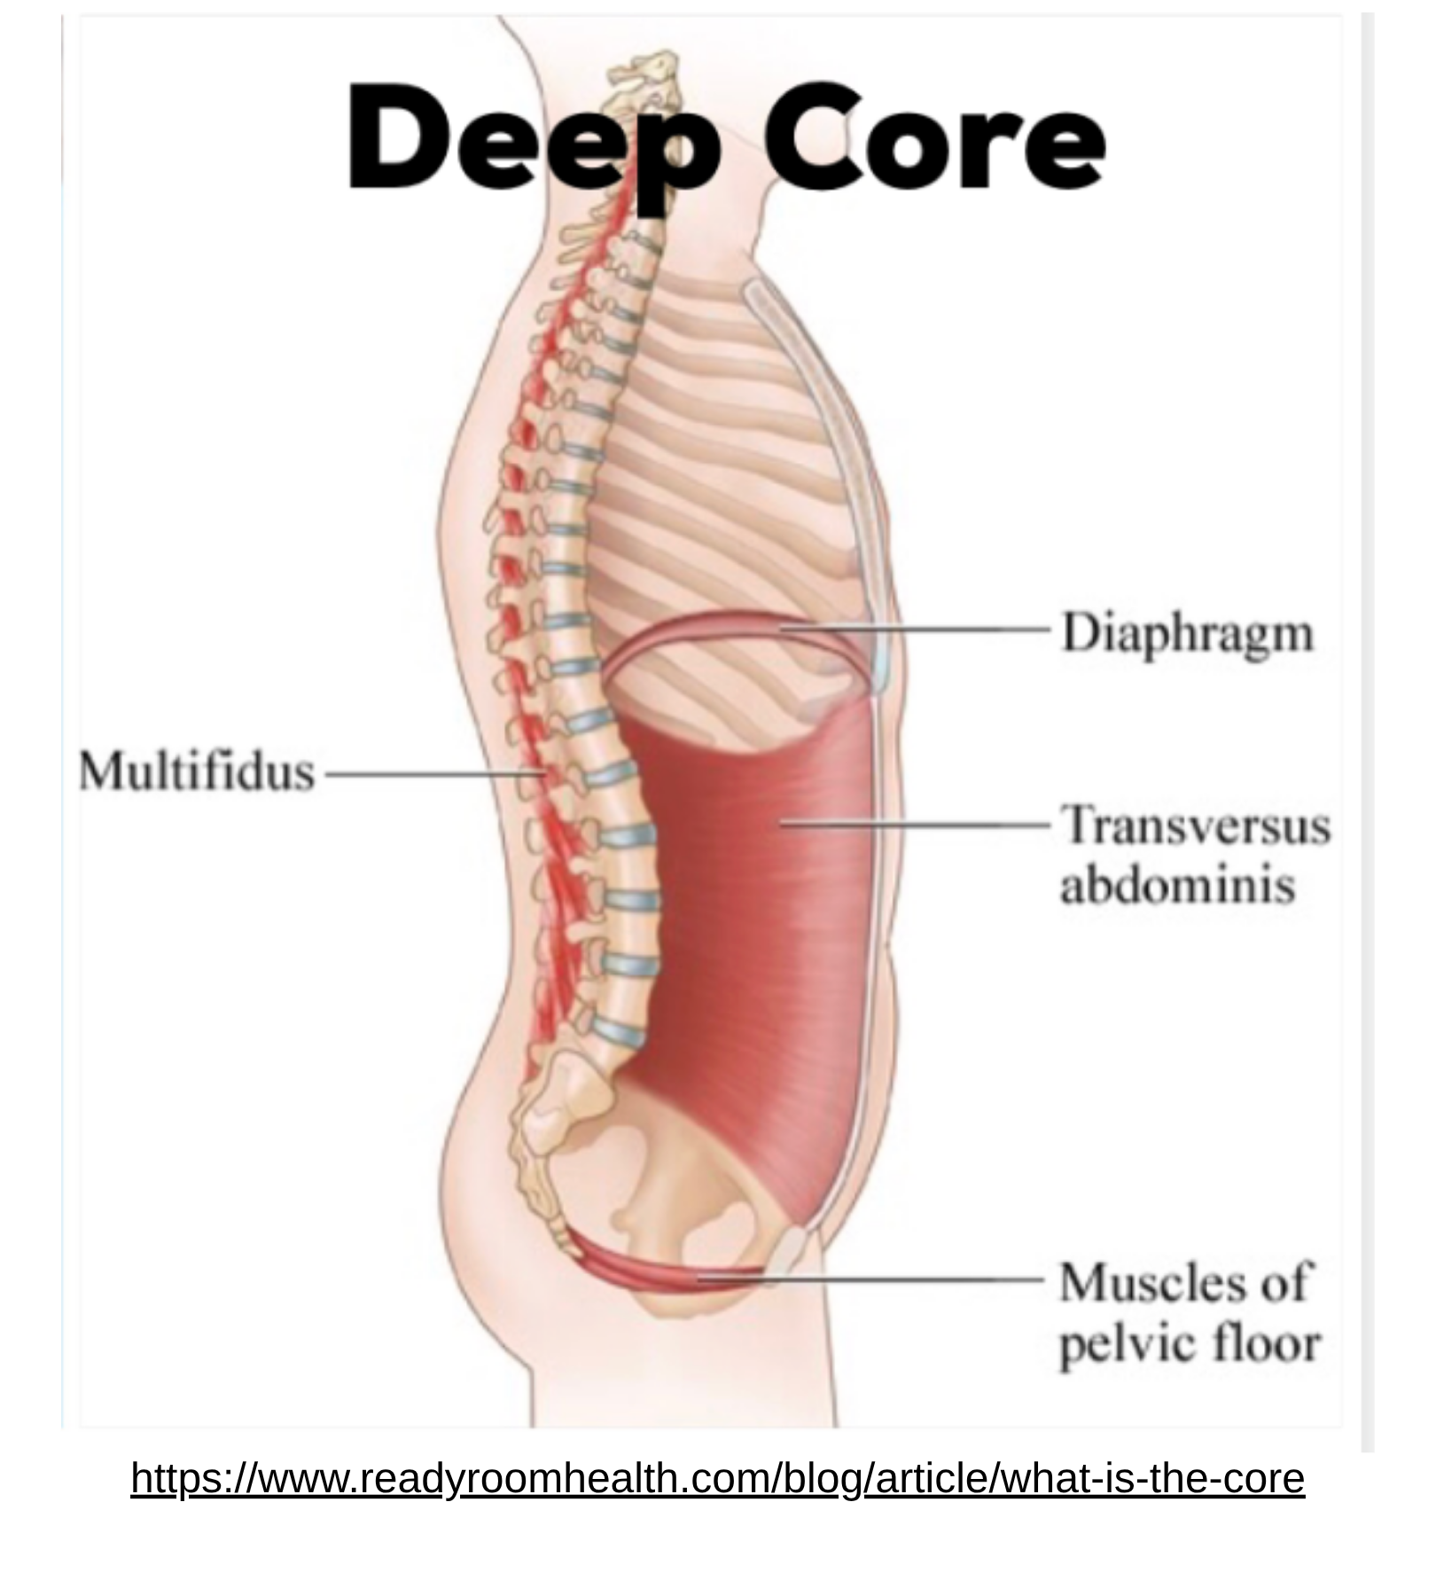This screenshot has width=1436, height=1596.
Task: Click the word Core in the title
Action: point(935,137)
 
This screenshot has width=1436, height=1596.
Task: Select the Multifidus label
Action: point(197,771)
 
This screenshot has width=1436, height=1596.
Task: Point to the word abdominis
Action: point(1177,886)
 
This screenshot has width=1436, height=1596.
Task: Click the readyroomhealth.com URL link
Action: point(717,1479)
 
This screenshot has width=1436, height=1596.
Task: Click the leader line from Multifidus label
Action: point(425,774)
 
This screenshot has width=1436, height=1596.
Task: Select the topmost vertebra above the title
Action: point(652,66)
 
